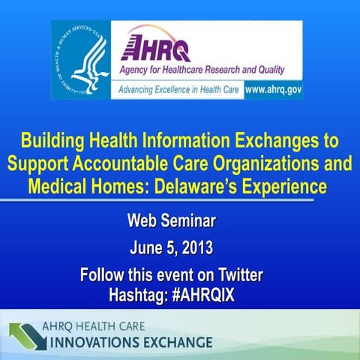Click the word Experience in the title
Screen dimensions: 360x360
[286, 184]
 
